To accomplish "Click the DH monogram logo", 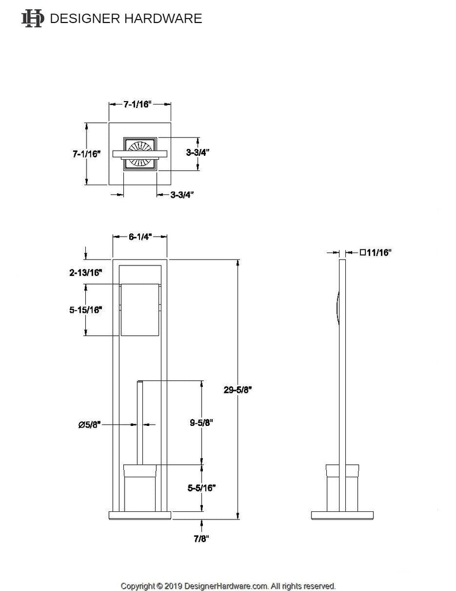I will pos(32,18).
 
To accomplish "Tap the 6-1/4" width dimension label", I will pos(140,237).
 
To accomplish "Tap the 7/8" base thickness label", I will pos(202,538).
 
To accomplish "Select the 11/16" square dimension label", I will pos(375,252).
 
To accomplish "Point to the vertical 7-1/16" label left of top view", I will pos(86,154).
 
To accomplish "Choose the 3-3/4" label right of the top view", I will pos(198,153).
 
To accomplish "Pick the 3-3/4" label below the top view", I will pos(182,194).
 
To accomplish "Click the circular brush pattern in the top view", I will pos(140,154).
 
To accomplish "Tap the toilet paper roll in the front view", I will pos(138,310).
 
